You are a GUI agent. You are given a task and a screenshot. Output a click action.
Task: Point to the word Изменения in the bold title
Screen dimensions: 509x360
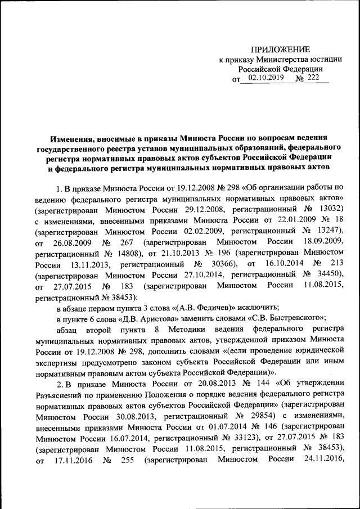[x=69, y=137]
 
